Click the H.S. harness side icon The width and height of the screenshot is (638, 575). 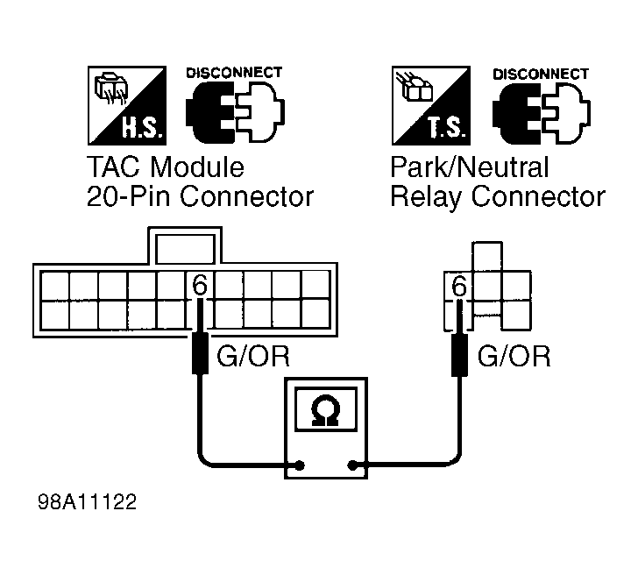click(127, 105)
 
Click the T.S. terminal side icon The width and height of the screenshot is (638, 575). click(431, 105)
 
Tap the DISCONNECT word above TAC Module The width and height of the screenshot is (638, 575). click(234, 73)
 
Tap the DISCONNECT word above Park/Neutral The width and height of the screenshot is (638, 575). click(541, 74)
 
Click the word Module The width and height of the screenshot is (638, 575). click(197, 167)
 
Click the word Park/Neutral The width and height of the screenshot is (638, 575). click(470, 167)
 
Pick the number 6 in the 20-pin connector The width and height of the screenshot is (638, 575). click(200, 285)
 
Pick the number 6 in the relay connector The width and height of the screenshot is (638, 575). click(459, 286)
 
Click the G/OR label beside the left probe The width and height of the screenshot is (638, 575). click(253, 357)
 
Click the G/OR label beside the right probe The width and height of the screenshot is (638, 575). click(514, 357)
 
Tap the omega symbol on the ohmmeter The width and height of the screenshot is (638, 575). click(326, 410)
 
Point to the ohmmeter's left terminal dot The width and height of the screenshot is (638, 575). click(300, 465)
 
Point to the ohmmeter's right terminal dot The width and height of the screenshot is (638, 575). click(353, 465)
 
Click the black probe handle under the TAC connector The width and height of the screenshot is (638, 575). click(200, 353)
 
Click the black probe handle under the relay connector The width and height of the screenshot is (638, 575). click(460, 355)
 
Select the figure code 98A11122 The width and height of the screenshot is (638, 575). click(87, 501)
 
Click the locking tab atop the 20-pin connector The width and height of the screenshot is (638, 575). click(185, 246)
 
